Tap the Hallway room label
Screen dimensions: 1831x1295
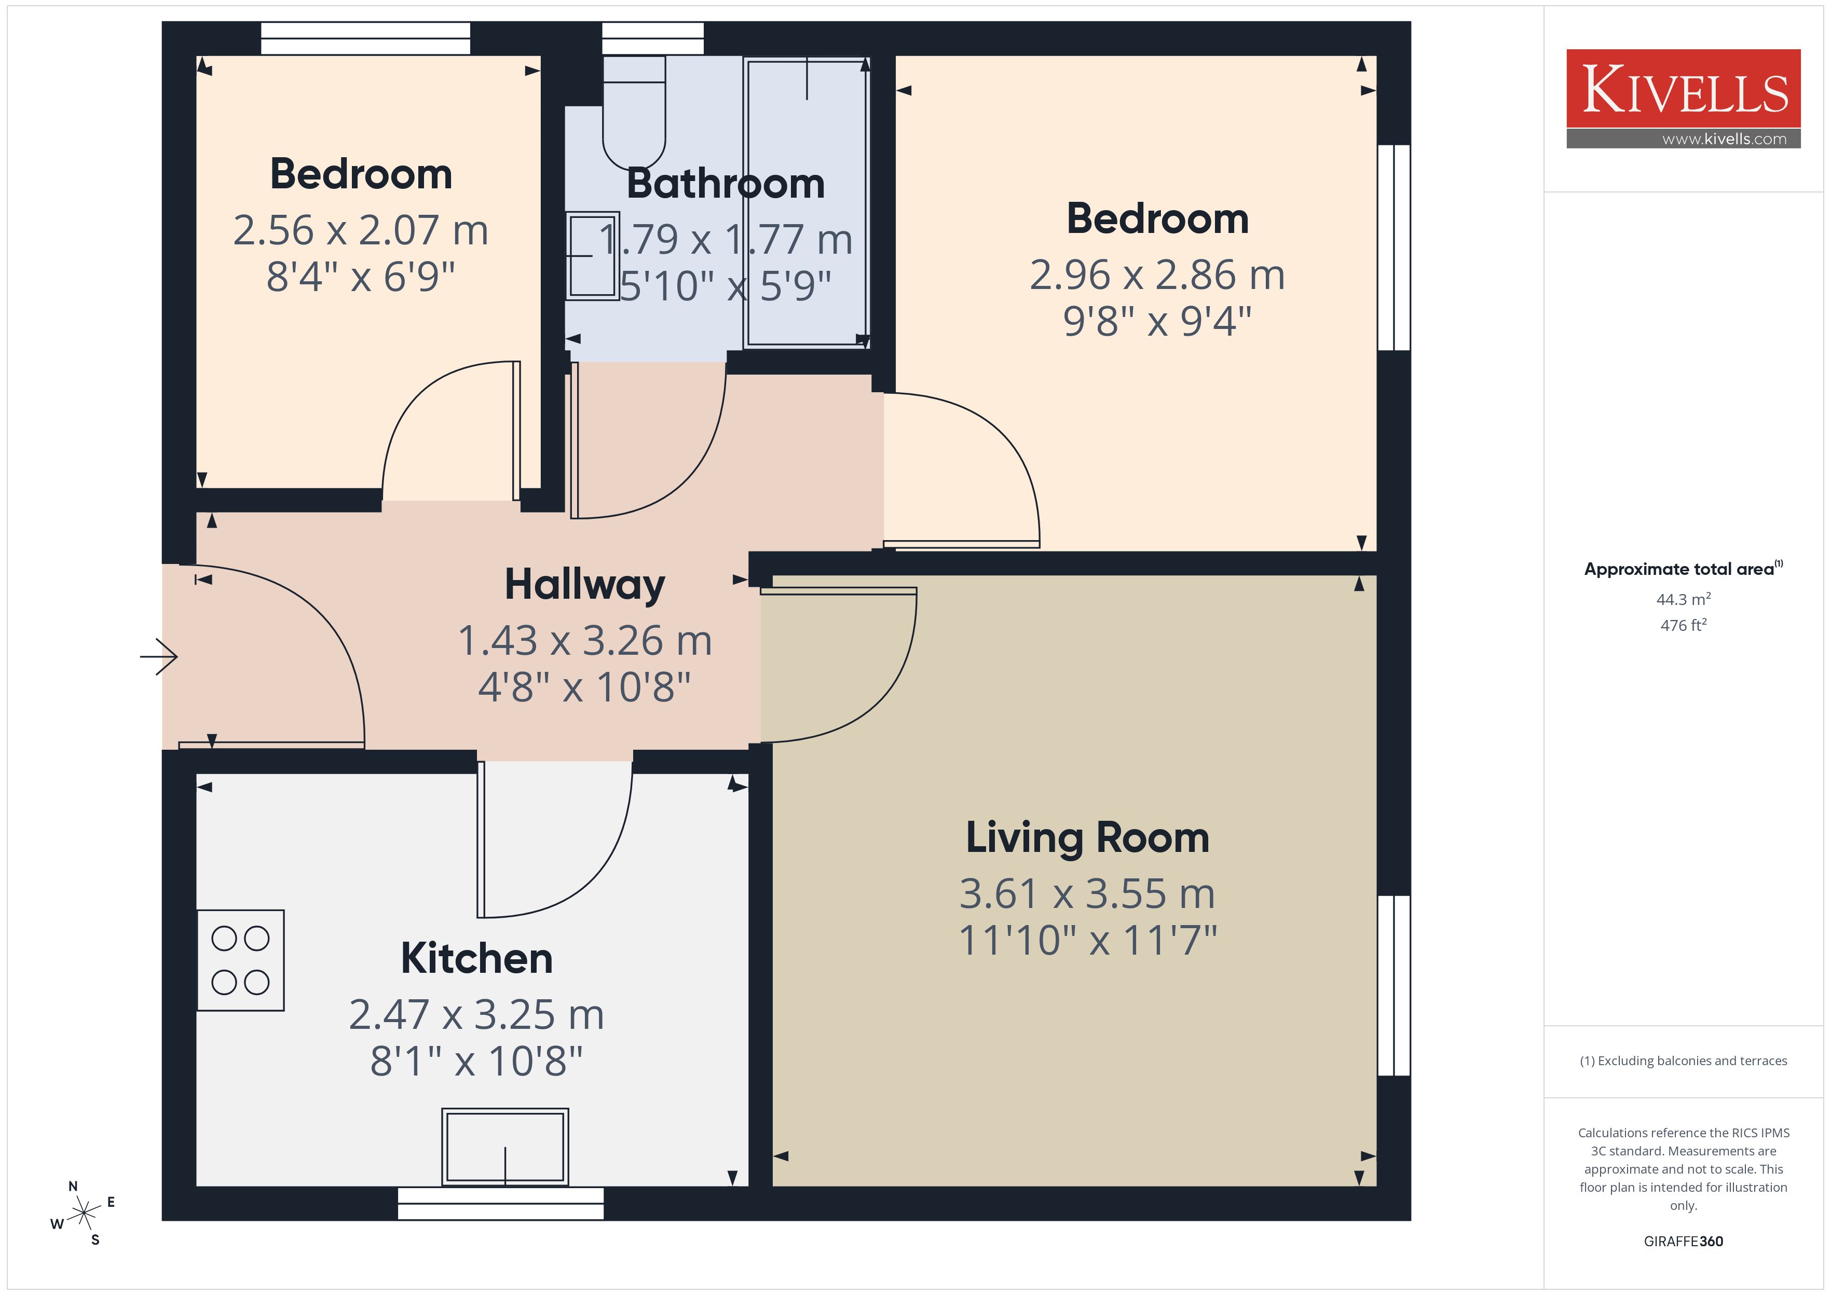coord(584,585)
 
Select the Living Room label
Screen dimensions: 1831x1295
coord(1087,838)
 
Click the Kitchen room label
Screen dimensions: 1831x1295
coord(476,958)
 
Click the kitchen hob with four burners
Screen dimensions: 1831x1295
coord(241,960)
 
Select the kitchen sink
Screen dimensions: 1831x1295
coord(505,1147)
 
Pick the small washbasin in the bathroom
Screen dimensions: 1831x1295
coord(593,256)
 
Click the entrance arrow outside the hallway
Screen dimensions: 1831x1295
coord(159,657)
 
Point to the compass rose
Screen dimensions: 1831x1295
coord(83,1214)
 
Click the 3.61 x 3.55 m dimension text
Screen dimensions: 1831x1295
coord(1087,894)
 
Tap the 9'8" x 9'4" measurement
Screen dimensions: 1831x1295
coord(1157,321)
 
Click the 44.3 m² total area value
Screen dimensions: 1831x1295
coord(1684,599)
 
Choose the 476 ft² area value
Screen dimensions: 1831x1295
coord(1684,625)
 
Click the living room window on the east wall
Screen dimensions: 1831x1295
coord(1395,986)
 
